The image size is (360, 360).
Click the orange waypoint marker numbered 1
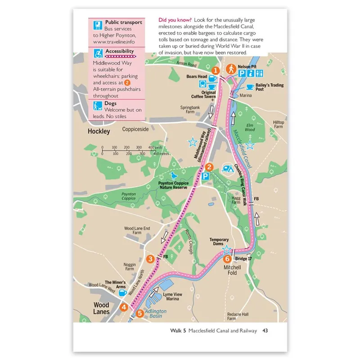[216, 71]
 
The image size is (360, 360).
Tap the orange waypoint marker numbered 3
[151, 258]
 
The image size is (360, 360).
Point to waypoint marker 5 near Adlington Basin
[140, 314]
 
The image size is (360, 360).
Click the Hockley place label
[99, 131]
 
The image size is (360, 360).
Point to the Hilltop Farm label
[279, 125]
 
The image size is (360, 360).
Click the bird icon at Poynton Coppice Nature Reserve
[172, 176]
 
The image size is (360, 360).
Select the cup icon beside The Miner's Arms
[122, 292]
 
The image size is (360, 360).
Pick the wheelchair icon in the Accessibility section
[97, 54]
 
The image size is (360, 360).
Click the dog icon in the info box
[97, 106]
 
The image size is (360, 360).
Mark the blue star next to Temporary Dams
[227, 249]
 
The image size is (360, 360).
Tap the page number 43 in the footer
[265, 331]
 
